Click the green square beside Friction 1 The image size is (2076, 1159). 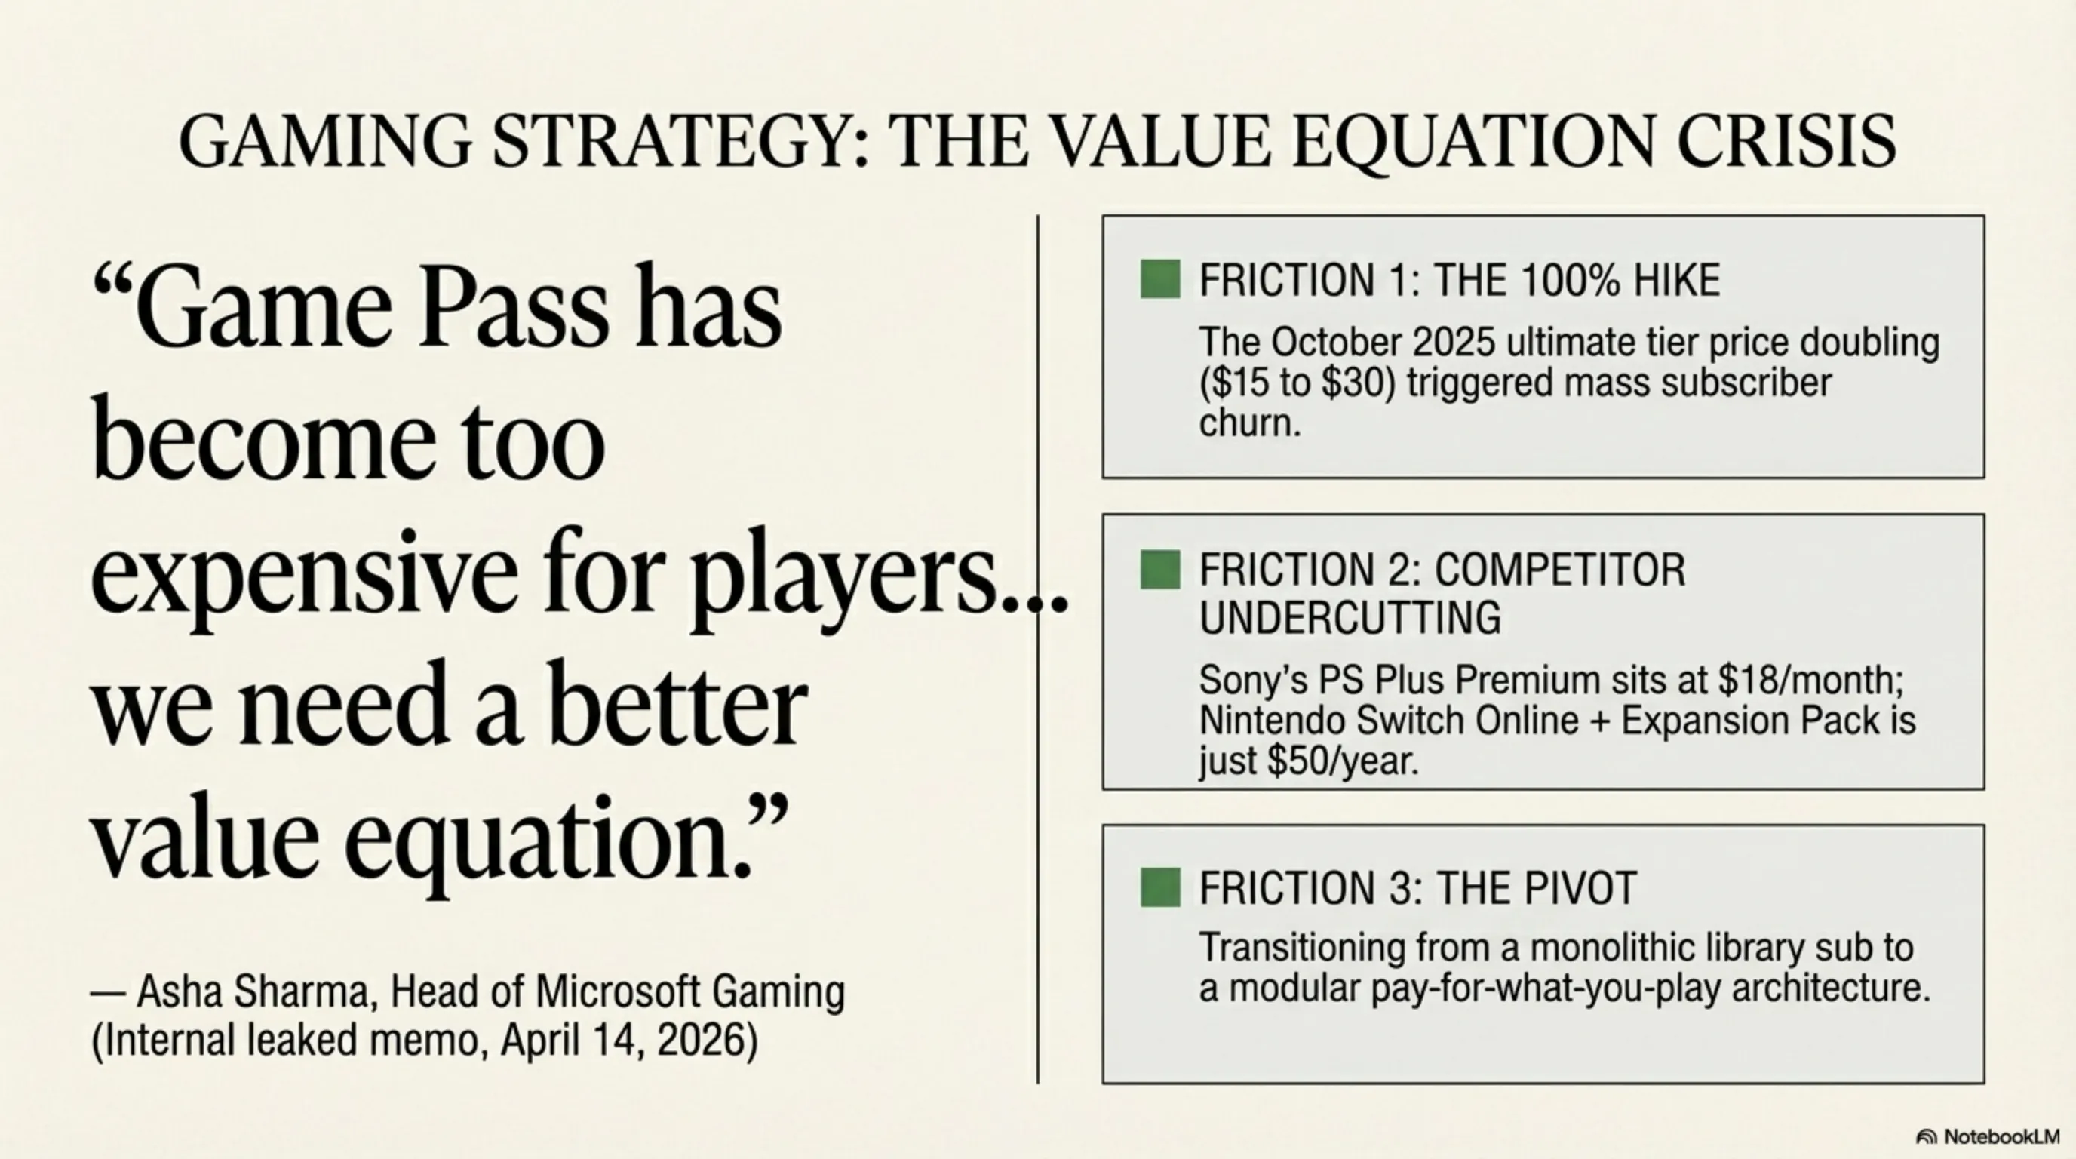(x=1160, y=279)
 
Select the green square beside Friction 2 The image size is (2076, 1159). (x=1160, y=569)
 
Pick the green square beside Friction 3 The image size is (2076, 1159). (x=1160, y=887)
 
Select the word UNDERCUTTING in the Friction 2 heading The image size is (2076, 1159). (x=1350, y=618)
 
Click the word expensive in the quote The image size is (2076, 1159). (x=304, y=576)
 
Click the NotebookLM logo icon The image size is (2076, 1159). (x=1926, y=1136)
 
